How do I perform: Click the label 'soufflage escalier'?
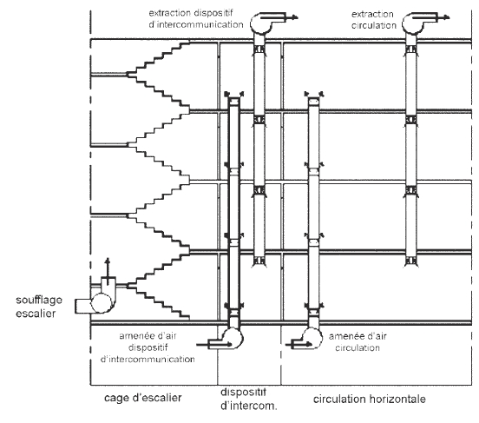click(x=39, y=307)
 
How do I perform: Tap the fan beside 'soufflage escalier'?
click(x=101, y=303)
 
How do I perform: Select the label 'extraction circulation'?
click(x=374, y=20)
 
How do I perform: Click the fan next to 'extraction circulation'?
click(x=412, y=23)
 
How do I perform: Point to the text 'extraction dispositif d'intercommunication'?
click(x=196, y=18)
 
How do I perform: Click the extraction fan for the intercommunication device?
click(x=260, y=23)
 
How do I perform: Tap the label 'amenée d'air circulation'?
click(x=358, y=341)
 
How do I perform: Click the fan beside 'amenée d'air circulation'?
click(x=312, y=338)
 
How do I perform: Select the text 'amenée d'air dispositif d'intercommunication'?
click(x=148, y=347)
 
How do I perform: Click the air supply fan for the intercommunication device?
click(x=233, y=338)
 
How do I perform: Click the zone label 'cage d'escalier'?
click(x=143, y=398)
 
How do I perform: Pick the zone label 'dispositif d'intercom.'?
click(x=249, y=399)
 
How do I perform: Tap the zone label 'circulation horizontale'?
click(x=370, y=399)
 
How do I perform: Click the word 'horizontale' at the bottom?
click(x=397, y=399)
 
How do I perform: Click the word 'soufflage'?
click(x=39, y=300)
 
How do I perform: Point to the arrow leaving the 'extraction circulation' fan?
click(x=431, y=17)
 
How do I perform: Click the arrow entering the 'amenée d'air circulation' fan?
click(x=299, y=345)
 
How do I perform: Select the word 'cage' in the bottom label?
click(x=115, y=398)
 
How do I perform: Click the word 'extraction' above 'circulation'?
click(x=372, y=14)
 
